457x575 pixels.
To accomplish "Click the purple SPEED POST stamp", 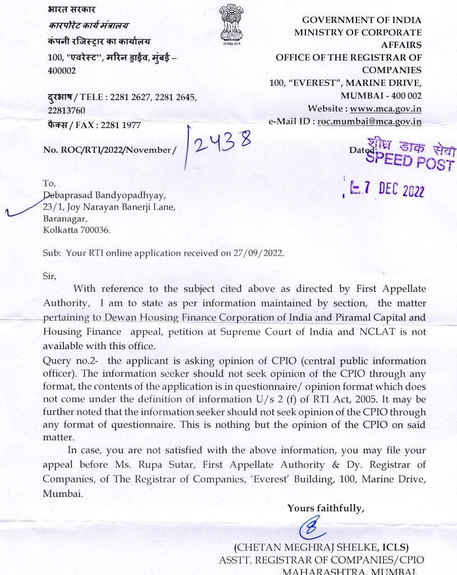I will coord(409,154).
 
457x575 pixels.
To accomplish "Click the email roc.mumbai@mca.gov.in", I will coord(369,121).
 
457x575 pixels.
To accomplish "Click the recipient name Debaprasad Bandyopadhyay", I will coord(104,195).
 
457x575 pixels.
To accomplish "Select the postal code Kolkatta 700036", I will coord(77,230).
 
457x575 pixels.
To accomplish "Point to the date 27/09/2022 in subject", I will coord(261,253).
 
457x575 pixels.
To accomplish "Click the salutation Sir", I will coord(50,275).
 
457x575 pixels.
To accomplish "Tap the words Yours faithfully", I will coord(326,508).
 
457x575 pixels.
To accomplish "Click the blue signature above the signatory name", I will coord(309,528).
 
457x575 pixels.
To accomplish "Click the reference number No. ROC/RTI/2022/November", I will coord(109,150).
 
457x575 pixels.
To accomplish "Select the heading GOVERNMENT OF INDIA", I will coord(362,20).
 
